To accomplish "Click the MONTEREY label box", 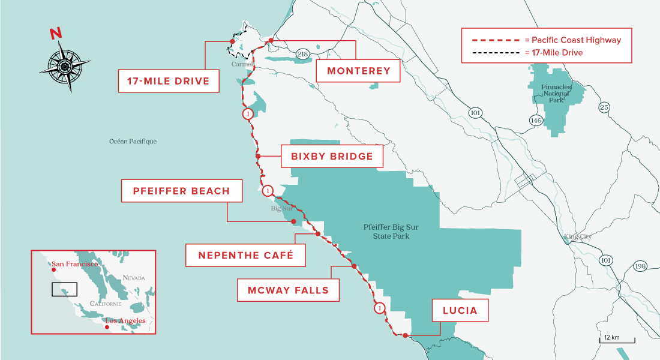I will (x=358, y=71).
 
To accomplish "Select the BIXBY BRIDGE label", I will (x=332, y=157).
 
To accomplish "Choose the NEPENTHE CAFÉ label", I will (x=245, y=255).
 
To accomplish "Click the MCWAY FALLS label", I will (x=288, y=290).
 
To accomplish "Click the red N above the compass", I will (x=56, y=34).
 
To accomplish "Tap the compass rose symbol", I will (x=65, y=65).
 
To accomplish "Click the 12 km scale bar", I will (x=617, y=340).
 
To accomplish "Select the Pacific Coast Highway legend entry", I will (x=546, y=40).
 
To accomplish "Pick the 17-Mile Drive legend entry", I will (x=546, y=53).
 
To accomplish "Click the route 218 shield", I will (x=301, y=55).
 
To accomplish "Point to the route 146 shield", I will (x=536, y=121).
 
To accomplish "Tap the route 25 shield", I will (x=604, y=107).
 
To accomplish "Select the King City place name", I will (x=577, y=237).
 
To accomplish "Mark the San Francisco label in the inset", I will (x=75, y=264).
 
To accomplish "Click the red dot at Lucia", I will (x=406, y=335).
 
